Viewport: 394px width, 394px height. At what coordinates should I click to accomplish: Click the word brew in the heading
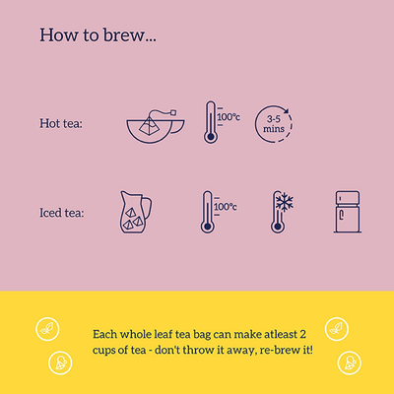click(124, 34)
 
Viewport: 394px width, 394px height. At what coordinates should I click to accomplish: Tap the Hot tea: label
click(61, 124)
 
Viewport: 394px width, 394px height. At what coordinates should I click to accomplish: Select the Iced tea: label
click(62, 213)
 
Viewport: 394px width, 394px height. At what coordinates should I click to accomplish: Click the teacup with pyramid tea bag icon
click(156, 126)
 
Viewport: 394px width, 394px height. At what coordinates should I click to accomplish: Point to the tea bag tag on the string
click(173, 112)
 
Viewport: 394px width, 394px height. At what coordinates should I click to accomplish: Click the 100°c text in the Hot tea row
click(229, 117)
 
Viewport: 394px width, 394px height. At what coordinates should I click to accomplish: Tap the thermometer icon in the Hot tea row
click(211, 122)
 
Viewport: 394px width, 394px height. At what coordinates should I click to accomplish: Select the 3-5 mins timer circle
click(274, 124)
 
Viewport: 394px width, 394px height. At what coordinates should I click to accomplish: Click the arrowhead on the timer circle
click(287, 110)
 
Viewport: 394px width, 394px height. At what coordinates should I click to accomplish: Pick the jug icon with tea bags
click(136, 212)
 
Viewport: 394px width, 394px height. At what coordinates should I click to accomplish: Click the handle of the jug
click(148, 208)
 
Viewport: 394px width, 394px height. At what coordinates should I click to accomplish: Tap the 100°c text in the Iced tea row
click(226, 207)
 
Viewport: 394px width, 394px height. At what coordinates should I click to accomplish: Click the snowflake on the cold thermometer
click(285, 202)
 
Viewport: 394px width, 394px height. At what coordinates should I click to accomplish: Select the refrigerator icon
click(348, 212)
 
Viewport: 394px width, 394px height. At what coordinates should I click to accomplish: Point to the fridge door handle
click(342, 215)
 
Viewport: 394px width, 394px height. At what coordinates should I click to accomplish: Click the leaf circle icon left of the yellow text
click(47, 329)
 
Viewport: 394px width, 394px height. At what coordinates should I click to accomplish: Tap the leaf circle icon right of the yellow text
click(337, 329)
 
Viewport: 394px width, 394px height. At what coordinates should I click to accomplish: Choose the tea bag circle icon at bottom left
click(60, 362)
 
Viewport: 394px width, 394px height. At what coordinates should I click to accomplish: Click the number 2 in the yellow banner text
click(302, 334)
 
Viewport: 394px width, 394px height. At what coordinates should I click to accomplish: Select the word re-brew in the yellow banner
click(279, 350)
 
